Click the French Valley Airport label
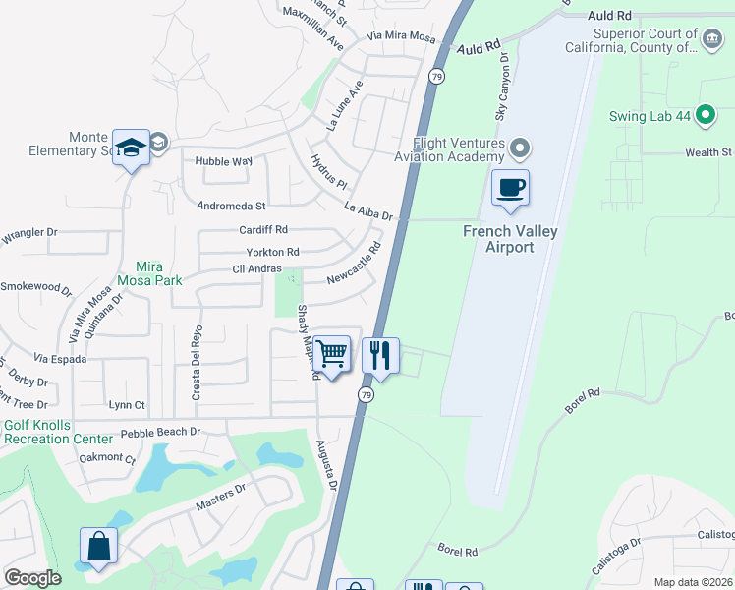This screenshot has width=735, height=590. [x=510, y=239]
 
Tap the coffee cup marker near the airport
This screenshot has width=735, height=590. [x=510, y=187]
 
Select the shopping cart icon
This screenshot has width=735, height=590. [x=332, y=352]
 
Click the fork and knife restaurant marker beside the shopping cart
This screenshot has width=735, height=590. [x=380, y=354]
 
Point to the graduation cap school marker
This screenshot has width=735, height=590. [x=131, y=147]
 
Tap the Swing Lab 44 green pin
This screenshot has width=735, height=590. [x=705, y=116]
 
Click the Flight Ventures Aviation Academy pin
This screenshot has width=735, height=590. [x=521, y=149]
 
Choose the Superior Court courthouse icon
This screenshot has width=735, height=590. [x=712, y=40]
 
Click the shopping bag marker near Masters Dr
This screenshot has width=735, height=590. [x=99, y=546]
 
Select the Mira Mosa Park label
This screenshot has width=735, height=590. [x=150, y=273]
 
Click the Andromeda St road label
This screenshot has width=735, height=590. [x=232, y=206]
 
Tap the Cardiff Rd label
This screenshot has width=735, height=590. [x=262, y=229]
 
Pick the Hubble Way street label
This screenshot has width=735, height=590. [x=224, y=160]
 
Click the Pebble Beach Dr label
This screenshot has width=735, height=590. [x=160, y=432]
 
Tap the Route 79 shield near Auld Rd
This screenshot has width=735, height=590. [x=436, y=75]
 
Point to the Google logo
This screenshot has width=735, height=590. [x=32, y=578]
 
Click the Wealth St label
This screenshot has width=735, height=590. [x=708, y=152]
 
